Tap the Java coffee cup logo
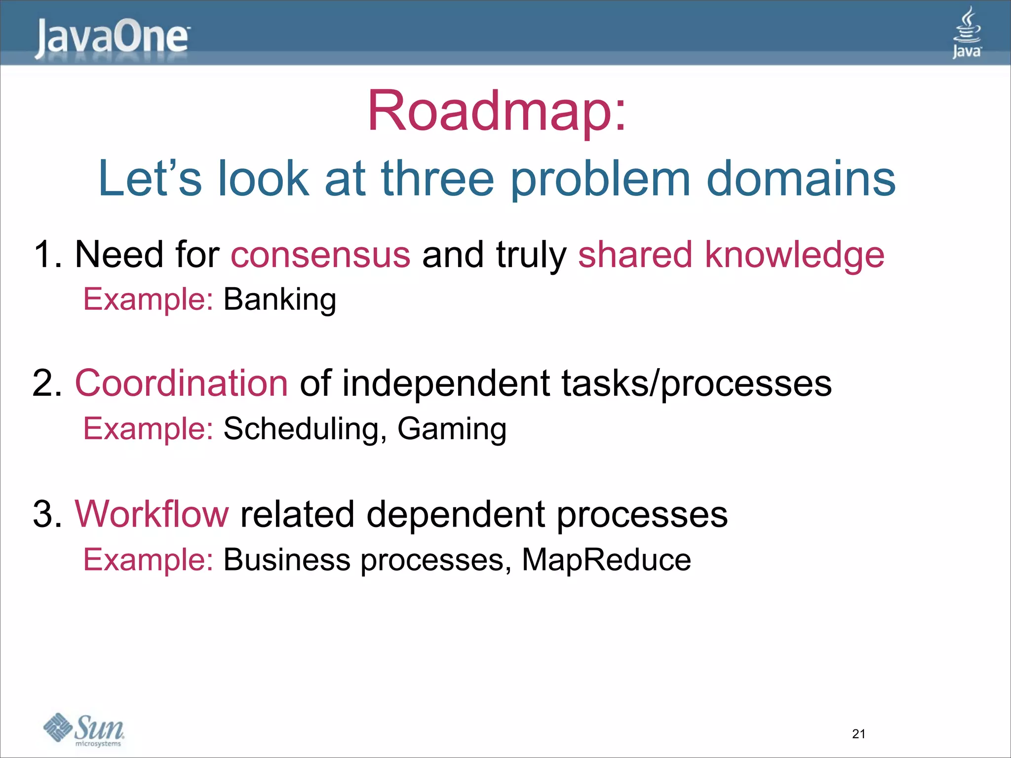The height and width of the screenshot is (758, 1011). (x=967, y=33)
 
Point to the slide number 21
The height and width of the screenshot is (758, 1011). (x=858, y=734)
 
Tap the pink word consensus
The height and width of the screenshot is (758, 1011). (x=320, y=255)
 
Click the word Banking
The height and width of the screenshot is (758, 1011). (x=280, y=300)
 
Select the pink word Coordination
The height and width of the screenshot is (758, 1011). (x=181, y=383)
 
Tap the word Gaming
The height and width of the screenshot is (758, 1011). (x=452, y=429)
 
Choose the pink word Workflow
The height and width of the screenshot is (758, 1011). (x=152, y=514)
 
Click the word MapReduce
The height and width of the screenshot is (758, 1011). (x=606, y=560)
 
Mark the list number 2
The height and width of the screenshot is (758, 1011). (x=46, y=383)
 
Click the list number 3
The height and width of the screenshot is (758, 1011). (x=46, y=514)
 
